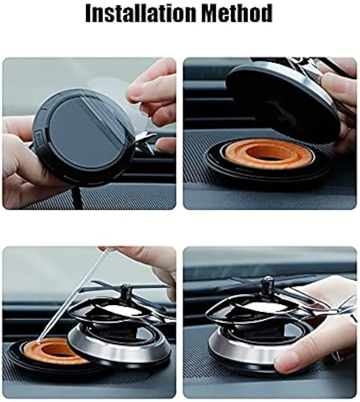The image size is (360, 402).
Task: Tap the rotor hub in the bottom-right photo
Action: (x=267, y=286)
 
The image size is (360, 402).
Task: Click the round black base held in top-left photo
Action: (x=84, y=137)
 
